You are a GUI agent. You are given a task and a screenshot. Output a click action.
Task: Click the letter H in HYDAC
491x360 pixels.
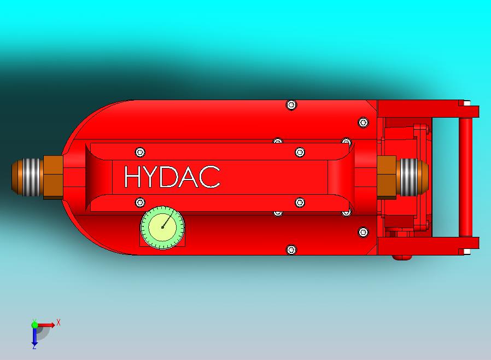coord(133,177)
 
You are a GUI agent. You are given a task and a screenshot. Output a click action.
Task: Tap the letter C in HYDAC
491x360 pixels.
coord(210,177)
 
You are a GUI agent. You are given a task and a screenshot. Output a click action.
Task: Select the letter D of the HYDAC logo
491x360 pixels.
coord(169,177)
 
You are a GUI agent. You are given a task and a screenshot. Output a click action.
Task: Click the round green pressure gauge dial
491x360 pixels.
coord(162,227)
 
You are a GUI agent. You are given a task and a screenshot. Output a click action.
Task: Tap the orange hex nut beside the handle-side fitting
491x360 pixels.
coord(386,176)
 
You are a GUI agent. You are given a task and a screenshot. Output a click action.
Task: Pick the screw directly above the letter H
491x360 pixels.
coord(141,152)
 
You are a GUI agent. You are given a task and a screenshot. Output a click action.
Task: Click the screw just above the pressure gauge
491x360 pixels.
coord(140,202)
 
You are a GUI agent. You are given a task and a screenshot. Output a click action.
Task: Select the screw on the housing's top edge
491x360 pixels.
coord(291,104)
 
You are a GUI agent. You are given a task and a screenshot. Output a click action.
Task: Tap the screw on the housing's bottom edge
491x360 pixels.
coord(291,250)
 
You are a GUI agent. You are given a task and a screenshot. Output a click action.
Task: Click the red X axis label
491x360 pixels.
coord(58,322)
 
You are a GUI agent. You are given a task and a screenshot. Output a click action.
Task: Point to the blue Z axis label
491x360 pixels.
coord(34,346)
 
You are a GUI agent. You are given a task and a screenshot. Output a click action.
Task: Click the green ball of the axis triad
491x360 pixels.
coord(34,324)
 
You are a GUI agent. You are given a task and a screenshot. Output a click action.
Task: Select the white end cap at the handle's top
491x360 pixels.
coord(466,102)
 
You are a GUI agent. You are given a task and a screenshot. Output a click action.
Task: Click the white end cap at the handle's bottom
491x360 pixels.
coord(466,252)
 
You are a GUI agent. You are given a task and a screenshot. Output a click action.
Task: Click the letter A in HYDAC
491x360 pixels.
coord(189,177)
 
